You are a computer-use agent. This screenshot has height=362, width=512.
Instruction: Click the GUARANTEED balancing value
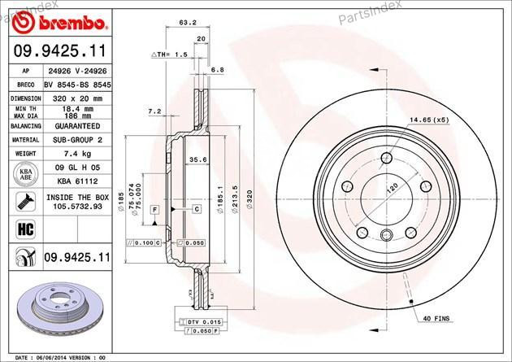[x=76, y=127]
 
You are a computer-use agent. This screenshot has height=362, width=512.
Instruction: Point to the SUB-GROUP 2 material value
[x=76, y=140]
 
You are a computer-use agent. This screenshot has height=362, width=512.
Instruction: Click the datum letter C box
[x=197, y=210]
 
